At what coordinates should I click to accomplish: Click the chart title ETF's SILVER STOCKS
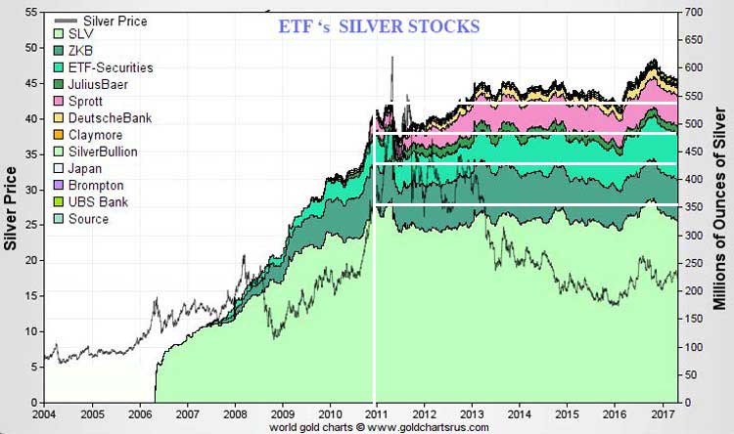378,26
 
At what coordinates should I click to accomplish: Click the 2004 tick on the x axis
43,413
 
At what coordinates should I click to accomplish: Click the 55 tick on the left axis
31,12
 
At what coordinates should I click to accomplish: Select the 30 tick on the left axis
31,190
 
